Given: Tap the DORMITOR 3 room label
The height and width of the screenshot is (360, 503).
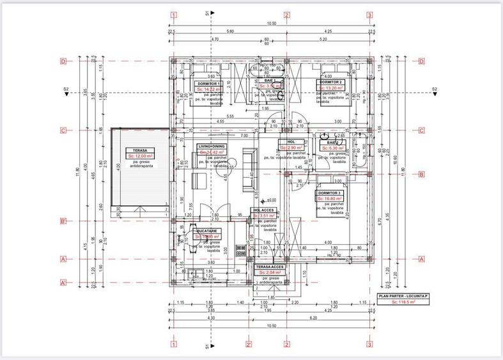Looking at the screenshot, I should [329, 192].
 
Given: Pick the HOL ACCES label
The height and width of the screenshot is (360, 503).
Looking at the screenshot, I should [265, 210].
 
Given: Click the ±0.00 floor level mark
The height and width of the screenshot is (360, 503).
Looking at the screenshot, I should [271, 200].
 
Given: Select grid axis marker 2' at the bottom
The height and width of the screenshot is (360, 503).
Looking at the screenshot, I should [248, 345].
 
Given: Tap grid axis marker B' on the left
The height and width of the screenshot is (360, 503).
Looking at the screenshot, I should [63, 221].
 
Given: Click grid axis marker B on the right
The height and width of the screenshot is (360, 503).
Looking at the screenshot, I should [422, 174].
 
